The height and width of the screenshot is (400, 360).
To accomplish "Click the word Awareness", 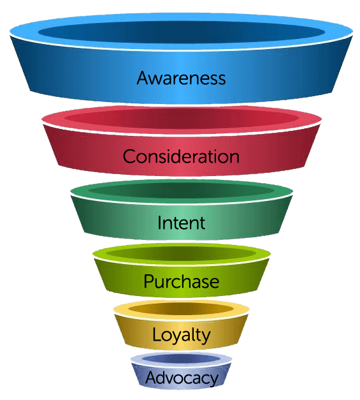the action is tap(181, 78).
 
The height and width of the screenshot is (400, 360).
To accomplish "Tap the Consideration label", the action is tap(181, 156).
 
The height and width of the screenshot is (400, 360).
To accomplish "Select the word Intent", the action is tap(181, 223).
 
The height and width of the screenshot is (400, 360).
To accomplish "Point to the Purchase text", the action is tap(181, 281).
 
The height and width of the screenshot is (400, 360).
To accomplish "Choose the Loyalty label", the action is tap(181, 336).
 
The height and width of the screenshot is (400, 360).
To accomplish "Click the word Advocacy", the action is tap(182, 378).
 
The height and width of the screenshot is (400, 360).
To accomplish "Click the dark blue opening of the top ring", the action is tap(182, 33).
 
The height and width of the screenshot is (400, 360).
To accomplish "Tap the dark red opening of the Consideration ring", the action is tap(182, 118).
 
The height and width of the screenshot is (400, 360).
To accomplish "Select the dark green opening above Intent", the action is tap(181, 191).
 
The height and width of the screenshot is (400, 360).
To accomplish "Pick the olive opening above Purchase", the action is tap(181, 253).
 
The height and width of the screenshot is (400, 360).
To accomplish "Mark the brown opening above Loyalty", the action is tap(181, 309).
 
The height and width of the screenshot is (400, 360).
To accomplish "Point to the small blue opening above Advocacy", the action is tap(181, 359).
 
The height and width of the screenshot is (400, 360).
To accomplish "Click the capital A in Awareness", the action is tap(144, 78).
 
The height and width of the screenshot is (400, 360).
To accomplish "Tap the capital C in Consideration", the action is tap(130, 156).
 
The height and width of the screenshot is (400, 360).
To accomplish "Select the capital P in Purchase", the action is tap(149, 281).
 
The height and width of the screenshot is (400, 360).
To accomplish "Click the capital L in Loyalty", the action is tap(157, 334).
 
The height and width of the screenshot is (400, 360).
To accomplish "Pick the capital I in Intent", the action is tap(159, 223).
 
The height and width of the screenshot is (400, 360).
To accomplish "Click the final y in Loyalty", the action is tap(206, 337).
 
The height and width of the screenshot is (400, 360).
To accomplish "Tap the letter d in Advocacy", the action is tap(167, 378).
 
